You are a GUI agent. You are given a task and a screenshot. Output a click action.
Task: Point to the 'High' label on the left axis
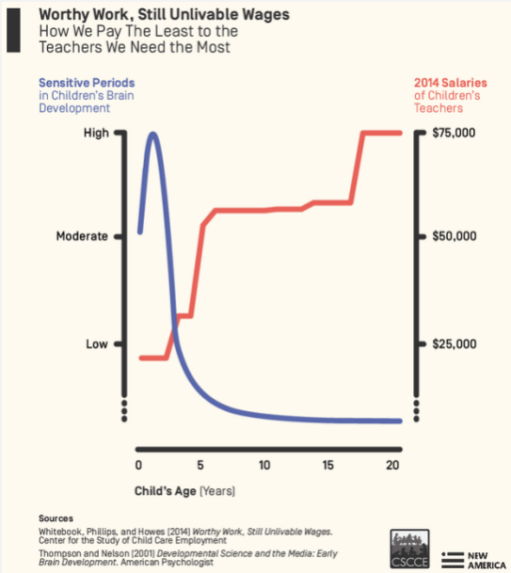(x=96, y=133)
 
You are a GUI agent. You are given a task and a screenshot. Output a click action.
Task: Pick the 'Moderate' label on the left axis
(x=82, y=236)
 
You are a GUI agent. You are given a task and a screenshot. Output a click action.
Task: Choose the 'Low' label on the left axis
(x=97, y=344)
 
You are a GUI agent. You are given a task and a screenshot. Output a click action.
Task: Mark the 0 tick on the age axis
(x=138, y=465)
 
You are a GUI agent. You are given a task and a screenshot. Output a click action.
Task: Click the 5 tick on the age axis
(x=201, y=465)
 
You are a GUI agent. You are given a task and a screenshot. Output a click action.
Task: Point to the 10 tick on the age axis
(x=265, y=465)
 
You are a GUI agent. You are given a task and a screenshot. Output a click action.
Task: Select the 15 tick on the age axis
(x=328, y=465)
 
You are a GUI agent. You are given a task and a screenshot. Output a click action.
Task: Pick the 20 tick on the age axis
(x=392, y=465)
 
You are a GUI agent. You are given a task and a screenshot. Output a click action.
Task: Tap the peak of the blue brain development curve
(x=152, y=134)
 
